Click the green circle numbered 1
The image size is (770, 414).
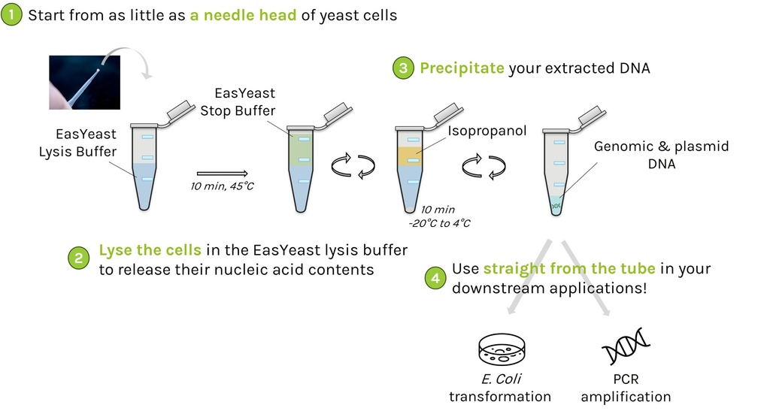(x=12, y=15)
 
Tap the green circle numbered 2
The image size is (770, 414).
(x=79, y=259)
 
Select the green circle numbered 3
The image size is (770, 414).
(x=403, y=68)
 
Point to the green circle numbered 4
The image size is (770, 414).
(x=435, y=278)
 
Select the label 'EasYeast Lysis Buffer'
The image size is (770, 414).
(x=78, y=143)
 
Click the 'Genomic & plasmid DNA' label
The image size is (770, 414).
(x=661, y=155)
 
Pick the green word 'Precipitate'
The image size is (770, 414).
(x=461, y=68)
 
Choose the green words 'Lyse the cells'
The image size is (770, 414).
(x=150, y=251)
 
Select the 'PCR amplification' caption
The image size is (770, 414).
(x=625, y=388)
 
